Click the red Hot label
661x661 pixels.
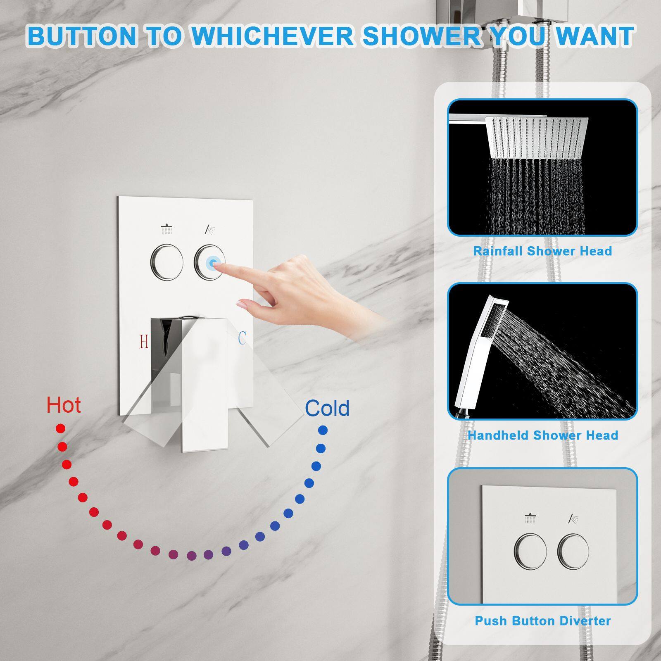pyautogui.click(x=64, y=405)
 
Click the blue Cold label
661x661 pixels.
pyautogui.click(x=327, y=408)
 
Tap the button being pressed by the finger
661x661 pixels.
pyautogui.click(x=210, y=262)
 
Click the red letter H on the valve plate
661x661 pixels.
pyautogui.click(x=144, y=342)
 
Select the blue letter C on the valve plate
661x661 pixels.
pyautogui.click(x=242, y=338)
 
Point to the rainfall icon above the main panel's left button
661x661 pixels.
pyautogui.click(x=166, y=229)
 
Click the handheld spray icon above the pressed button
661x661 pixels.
pyautogui.click(x=210, y=229)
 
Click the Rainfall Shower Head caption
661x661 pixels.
pyautogui.click(x=542, y=251)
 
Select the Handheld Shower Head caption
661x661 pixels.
pyautogui.click(x=543, y=435)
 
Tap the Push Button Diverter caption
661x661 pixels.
pyautogui.click(x=543, y=621)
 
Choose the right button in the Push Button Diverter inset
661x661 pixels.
pyautogui.click(x=573, y=551)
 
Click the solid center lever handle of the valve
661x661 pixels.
pyautogui.click(x=204, y=384)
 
